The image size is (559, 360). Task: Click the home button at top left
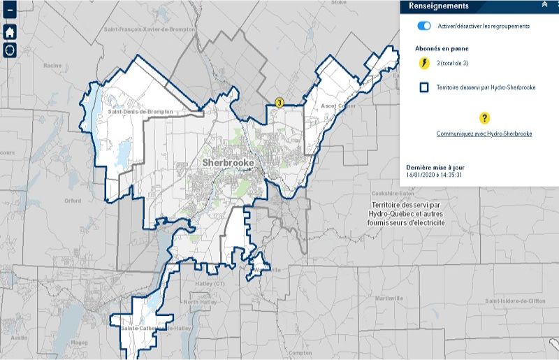click(10, 32)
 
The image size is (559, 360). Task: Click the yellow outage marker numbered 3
click(279, 103)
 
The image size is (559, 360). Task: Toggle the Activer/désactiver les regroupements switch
click(424, 26)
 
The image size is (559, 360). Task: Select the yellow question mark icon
click(484, 118)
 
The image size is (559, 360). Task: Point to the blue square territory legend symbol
click(423, 88)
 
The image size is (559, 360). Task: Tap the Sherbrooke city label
click(228, 162)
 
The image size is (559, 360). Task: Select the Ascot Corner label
click(338, 106)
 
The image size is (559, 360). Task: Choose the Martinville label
click(389, 298)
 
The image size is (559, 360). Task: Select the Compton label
click(299, 353)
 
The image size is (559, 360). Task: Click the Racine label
click(52, 65)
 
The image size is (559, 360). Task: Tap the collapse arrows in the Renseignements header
click(544, 5)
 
